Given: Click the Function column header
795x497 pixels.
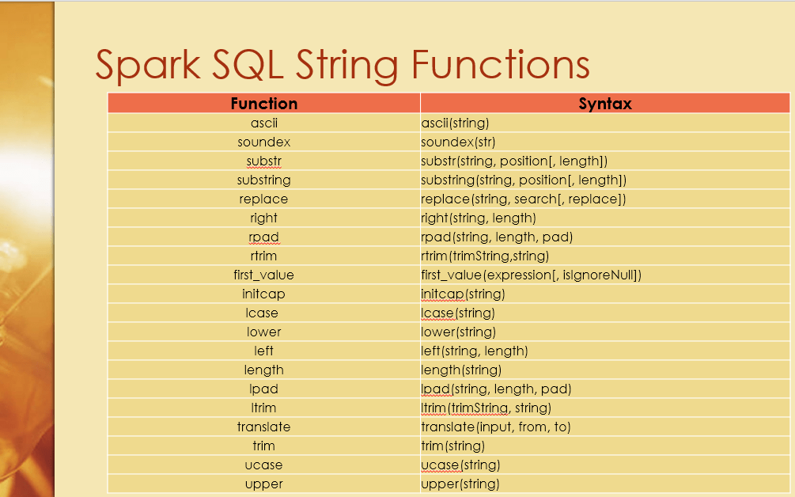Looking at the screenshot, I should click(264, 104).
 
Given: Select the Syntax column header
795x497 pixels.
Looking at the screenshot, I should click(605, 104).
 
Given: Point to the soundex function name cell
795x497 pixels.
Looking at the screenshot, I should click(264, 142).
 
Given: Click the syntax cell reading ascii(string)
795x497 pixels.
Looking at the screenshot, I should click(455, 123).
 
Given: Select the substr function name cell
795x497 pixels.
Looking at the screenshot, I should click(264, 161).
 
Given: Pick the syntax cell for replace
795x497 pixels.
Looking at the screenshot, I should click(523, 199).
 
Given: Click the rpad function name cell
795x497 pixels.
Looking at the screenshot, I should click(264, 237).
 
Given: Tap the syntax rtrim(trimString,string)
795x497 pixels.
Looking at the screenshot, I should click(485, 256).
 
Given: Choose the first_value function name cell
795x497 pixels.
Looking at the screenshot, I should click(264, 275).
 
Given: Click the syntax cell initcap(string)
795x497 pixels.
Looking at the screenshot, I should click(463, 294).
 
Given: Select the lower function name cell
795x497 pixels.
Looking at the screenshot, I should click(264, 332).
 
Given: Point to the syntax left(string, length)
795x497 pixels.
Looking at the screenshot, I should click(475, 351).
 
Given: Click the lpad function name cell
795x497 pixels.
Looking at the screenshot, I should click(264, 389).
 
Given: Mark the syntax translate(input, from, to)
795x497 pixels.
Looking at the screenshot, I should click(496, 427).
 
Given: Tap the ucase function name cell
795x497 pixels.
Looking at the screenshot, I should click(264, 465).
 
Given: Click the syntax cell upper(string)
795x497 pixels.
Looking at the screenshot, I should click(460, 484).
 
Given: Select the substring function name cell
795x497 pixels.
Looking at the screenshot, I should click(264, 180).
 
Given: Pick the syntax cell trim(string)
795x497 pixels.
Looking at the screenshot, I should click(452, 446).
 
